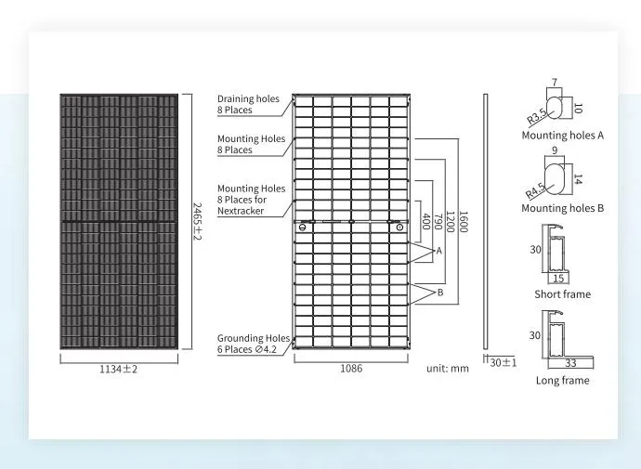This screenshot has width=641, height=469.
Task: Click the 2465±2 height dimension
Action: (197, 221)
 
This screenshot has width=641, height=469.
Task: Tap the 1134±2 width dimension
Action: (119, 369)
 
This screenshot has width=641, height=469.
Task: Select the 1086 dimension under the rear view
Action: (351, 368)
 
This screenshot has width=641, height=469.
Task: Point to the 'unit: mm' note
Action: (448, 368)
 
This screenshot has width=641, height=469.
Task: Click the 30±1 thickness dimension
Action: (504, 362)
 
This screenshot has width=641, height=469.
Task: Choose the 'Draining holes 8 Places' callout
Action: (248, 104)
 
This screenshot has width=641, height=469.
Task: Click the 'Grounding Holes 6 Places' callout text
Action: (254, 344)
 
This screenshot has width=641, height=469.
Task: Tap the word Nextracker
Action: (241, 211)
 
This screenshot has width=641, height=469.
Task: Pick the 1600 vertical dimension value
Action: (464, 221)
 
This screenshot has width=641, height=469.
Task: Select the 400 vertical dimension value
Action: (425, 221)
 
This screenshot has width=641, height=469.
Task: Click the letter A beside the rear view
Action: (439, 251)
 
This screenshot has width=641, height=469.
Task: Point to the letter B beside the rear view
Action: (440, 293)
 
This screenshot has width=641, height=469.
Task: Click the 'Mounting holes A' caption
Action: (563, 136)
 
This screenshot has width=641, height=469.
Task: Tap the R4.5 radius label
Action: (535, 190)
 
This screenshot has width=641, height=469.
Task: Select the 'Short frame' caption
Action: (563, 294)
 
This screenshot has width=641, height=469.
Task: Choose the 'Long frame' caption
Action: (563, 381)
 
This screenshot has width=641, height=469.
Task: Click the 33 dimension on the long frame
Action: (570, 363)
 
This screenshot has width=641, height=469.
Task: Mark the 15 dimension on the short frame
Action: (558, 279)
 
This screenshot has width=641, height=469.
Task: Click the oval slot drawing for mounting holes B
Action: (555, 179)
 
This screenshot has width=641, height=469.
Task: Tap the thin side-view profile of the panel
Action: (486, 221)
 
